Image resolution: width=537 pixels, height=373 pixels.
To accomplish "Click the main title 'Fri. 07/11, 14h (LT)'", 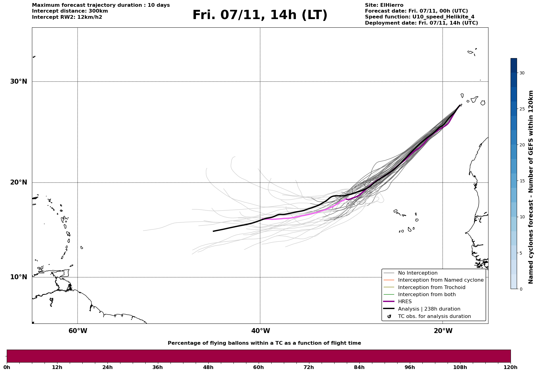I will (260, 15).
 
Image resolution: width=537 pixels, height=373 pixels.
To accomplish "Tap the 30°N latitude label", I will (18, 81).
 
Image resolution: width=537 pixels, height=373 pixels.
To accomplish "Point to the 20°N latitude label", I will (18, 182).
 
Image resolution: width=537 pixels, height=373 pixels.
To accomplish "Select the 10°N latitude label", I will (18, 277).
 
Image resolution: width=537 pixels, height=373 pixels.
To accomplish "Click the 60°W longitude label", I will (78, 331).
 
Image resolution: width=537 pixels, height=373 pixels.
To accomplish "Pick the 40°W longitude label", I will (261, 331).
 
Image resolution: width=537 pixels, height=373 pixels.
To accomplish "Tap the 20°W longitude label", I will (443, 331).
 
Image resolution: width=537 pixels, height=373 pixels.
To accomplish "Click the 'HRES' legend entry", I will (405, 302).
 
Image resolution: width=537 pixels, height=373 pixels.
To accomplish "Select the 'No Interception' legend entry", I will (417, 273).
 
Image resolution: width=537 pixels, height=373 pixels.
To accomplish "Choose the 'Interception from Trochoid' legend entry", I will (431, 288).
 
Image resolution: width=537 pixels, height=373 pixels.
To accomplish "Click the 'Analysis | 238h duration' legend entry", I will (429, 309).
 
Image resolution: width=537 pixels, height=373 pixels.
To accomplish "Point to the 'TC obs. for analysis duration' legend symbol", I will (389, 316).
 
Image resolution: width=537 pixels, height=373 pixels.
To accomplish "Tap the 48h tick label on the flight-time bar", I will (208, 367).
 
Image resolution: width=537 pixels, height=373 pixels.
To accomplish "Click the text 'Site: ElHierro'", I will (384, 5).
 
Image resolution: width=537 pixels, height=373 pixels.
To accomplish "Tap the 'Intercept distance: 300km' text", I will (70, 11).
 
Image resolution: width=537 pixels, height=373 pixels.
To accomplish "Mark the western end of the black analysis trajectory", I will (214, 231).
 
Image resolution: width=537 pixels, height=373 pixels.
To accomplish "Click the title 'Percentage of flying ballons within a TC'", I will (264, 343).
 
